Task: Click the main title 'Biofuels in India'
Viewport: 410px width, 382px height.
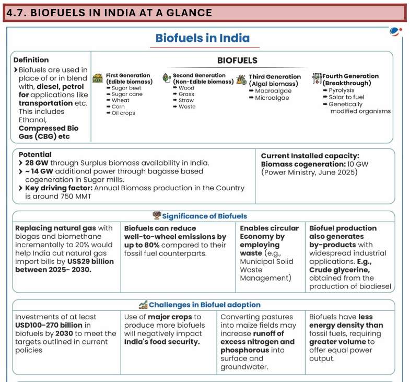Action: point(203,38)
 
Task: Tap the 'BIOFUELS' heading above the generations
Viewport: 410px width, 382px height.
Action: point(237,61)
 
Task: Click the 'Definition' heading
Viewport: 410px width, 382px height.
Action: point(31,60)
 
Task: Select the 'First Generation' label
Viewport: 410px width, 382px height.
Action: point(128,75)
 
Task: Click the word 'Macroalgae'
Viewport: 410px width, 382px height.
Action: point(273,90)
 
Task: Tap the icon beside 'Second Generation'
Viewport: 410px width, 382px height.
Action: point(167,78)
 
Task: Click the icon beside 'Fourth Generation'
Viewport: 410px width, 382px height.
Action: point(317,79)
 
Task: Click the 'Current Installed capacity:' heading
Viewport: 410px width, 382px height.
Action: point(310,156)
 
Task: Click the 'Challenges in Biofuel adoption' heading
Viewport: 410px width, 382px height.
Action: point(204,305)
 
